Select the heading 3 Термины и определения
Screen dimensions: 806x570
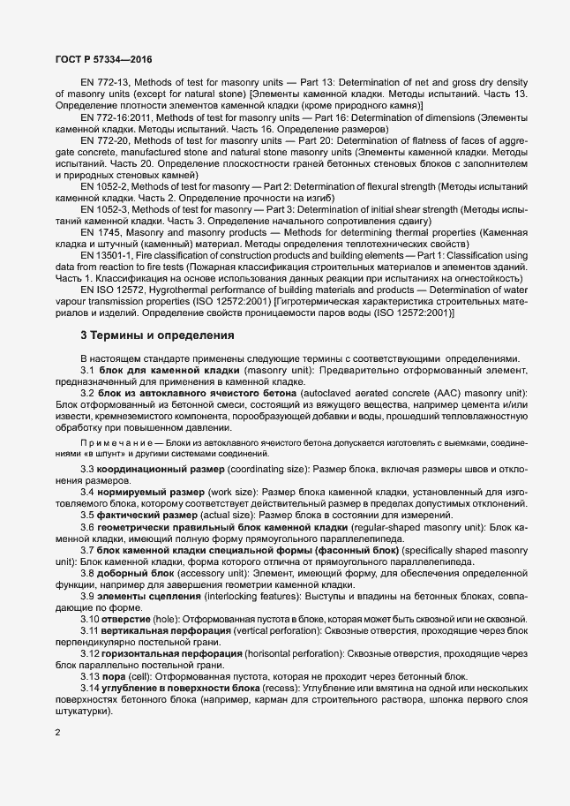(157, 335)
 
